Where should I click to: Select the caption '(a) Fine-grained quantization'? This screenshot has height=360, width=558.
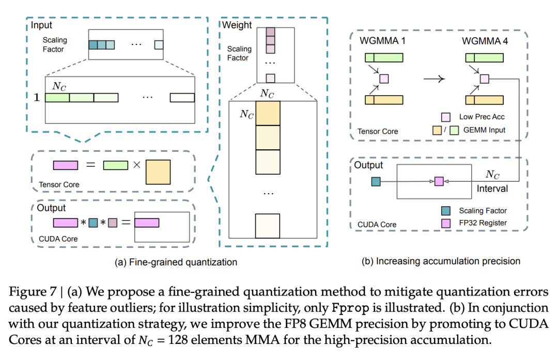point(176,262)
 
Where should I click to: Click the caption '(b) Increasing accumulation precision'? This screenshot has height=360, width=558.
point(441,261)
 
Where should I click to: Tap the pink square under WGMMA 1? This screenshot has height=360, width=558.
point(384,79)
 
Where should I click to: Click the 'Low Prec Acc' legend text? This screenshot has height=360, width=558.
point(482,117)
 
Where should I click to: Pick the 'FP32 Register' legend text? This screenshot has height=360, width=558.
point(483,223)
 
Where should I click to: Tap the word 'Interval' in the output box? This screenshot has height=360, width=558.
point(492,189)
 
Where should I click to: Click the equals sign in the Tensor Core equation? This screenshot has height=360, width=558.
point(90,166)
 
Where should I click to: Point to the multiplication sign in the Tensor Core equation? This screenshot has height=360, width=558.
point(137,166)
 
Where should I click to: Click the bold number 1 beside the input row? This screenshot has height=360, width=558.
point(37,97)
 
